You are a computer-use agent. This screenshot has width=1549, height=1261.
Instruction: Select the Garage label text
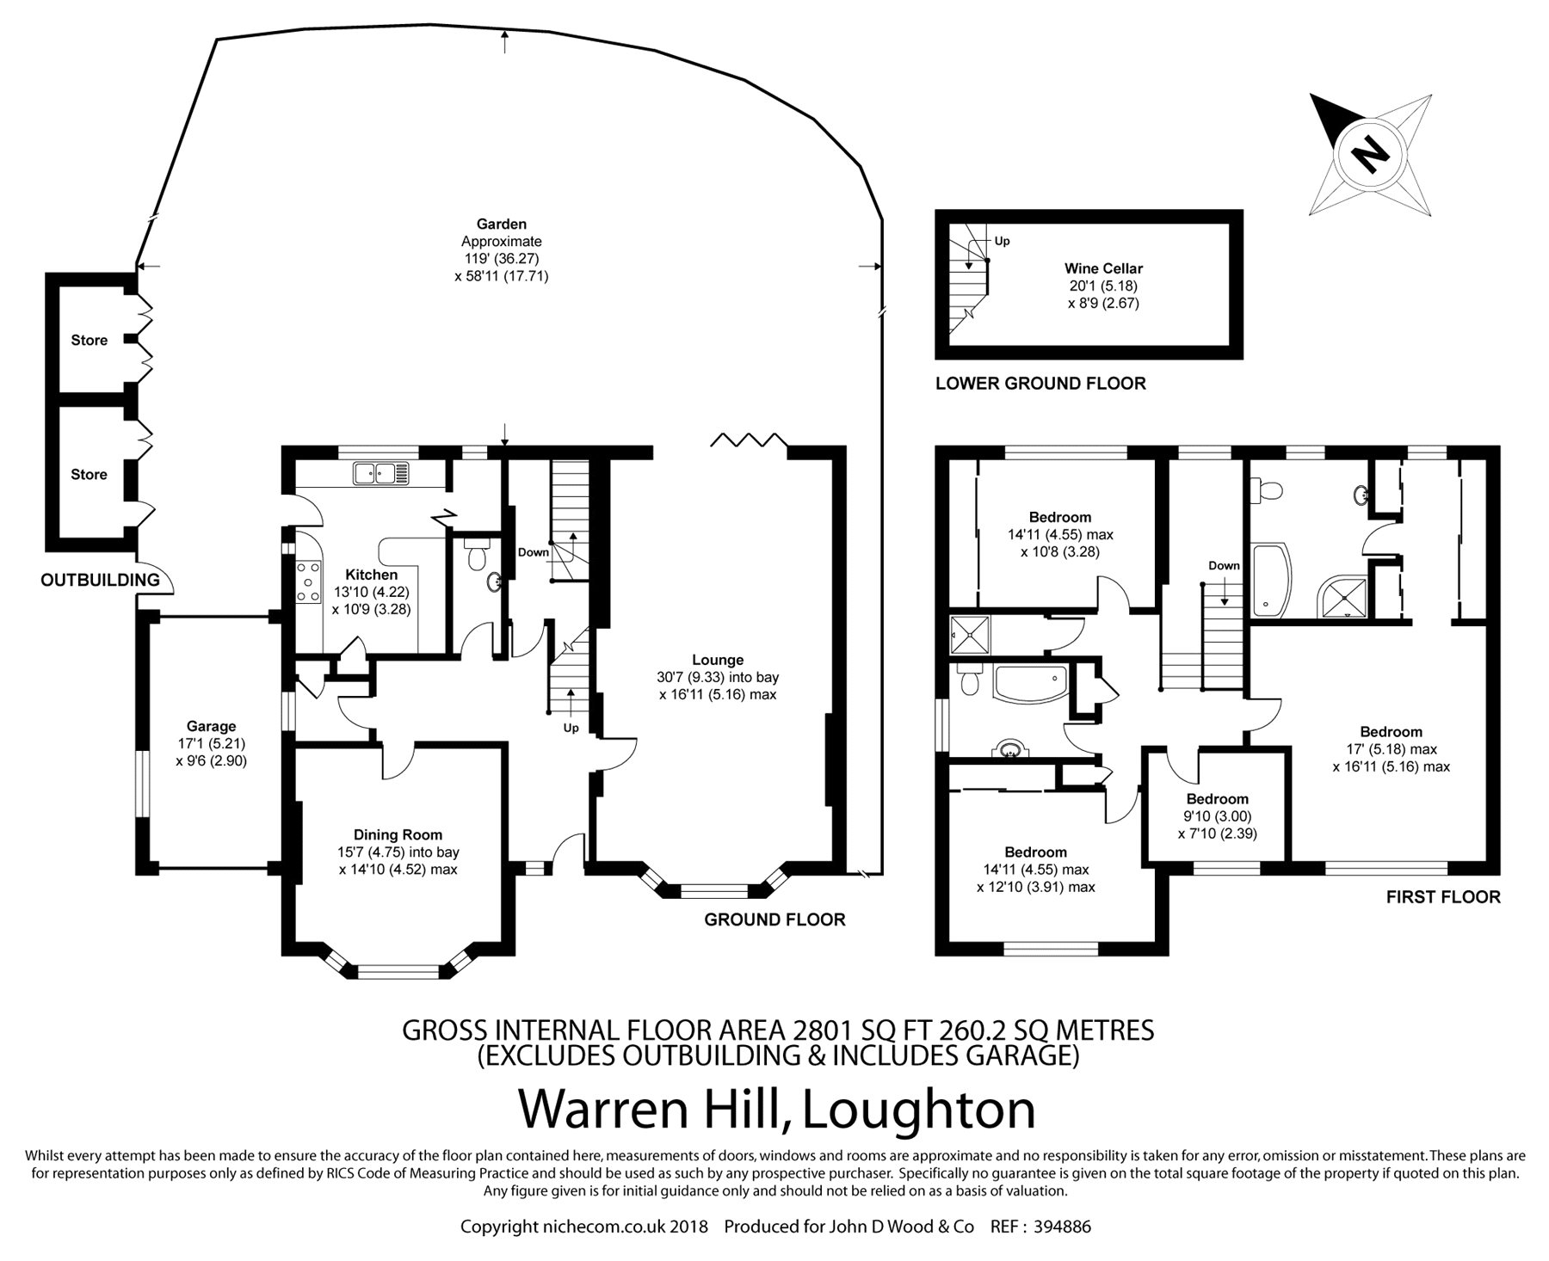(x=211, y=727)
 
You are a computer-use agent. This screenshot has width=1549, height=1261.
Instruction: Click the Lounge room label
(x=718, y=660)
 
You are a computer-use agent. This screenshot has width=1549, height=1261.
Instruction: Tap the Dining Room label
(x=398, y=834)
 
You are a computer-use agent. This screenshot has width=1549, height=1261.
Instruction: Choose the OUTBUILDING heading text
(x=101, y=580)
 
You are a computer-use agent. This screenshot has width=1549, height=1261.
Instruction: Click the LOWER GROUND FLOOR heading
(x=1040, y=384)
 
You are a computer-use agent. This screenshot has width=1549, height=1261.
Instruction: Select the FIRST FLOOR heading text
(x=1443, y=897)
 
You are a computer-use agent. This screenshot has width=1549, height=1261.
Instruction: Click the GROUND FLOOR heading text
(x=774, y=920)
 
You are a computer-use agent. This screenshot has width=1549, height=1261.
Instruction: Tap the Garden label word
(x=502, y=225)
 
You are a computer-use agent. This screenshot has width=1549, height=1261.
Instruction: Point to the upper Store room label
(x=89, y=341)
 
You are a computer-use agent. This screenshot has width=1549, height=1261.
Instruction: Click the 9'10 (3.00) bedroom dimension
(x=1218, y=816)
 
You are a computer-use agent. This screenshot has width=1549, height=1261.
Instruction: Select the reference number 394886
(x=1063, y=1227)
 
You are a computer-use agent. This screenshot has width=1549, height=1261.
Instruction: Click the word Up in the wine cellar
(x=1003, y=242)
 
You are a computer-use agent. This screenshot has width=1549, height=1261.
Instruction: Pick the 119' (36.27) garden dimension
(x=502, y=259)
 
